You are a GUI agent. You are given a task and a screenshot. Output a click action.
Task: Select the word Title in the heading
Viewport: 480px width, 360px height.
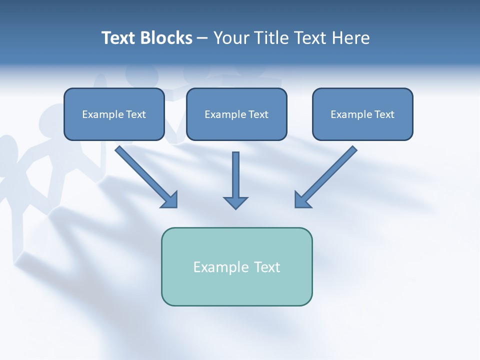click(272, 38)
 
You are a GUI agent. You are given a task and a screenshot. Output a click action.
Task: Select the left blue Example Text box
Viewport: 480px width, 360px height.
click(114, 114)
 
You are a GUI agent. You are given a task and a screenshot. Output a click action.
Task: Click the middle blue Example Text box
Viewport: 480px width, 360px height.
click(236, 114)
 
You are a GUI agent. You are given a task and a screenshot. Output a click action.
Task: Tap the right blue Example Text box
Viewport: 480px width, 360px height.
click(362, 114)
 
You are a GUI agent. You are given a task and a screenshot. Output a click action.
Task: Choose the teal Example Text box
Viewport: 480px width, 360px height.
click(236, 266)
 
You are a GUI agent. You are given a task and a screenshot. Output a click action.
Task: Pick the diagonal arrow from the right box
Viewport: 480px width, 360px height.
click(327, 175)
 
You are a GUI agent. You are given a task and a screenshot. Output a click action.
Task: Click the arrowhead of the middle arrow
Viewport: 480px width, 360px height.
click(235, 202)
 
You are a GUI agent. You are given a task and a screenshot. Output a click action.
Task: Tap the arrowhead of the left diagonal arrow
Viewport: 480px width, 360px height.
click(170, 199)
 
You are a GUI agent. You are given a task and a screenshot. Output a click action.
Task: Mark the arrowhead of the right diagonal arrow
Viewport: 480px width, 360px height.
click(302, 199)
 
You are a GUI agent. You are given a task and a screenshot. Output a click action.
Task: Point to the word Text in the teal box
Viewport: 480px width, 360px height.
click(267, 267)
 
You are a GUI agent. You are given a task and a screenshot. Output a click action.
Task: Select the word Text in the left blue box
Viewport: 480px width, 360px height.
click(135, 114)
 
